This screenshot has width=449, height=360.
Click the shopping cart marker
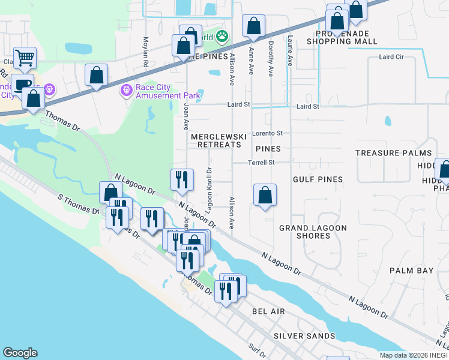click(x=25, y=59)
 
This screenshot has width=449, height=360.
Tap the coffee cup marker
click(x=22, y=85)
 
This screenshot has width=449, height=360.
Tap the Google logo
click(x=20, y=353)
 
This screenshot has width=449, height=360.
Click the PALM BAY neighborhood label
click(x=411, y=271)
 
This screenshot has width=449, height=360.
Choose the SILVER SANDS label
click(x=298, y=336)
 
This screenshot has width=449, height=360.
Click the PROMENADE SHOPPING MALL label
click(x=342, y=37)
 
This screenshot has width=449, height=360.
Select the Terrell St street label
click(x=262, y=163)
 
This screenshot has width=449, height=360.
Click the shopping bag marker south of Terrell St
click(x=265, y=196)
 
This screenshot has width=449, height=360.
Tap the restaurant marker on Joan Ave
click(x=181, y=181)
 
